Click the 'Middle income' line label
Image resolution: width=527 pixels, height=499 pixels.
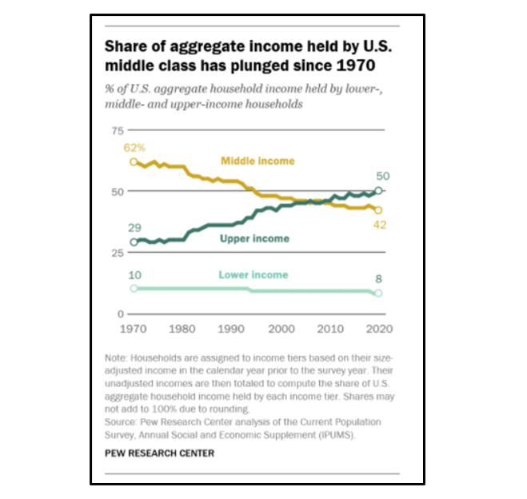coord(258,161)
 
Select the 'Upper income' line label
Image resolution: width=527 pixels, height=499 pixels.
coord(255,239)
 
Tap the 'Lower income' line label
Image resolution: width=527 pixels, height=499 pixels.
coord(254,275)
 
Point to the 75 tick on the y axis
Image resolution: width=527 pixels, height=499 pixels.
coord(118,130)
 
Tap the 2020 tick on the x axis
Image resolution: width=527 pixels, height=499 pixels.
coord(377,329)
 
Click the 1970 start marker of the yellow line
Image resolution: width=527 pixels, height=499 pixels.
coord(134,162)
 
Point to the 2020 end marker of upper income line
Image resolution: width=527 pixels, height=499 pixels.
coord(379,191)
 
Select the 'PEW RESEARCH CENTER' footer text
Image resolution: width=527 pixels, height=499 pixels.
coord(159,453)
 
